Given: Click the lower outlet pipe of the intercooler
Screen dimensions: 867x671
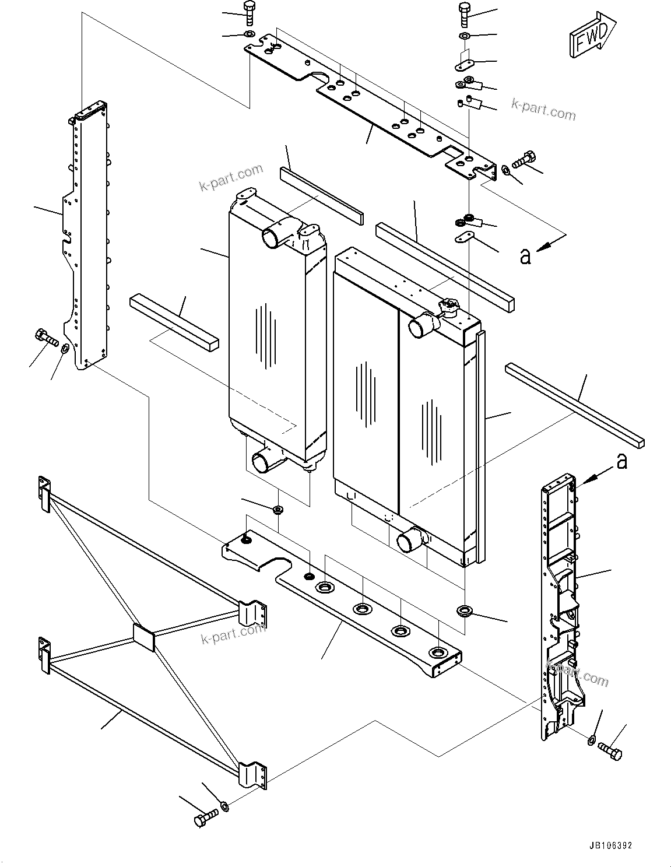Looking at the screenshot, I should click(263, 462).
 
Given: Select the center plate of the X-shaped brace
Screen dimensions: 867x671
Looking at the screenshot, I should click(143, 637).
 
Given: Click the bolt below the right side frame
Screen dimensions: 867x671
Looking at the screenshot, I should click(610, 753).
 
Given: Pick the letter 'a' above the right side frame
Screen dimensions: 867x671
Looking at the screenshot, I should click(622, 461).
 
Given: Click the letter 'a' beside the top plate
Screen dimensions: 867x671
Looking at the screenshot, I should click(525, 256).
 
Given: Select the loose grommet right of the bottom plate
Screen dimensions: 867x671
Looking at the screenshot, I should click(465, 611).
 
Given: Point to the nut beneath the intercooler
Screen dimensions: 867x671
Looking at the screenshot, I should click(278, 511).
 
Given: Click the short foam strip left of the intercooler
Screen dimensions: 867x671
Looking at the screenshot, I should click(174, 321).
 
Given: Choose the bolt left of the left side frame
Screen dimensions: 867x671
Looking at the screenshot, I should click(45, 337).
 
